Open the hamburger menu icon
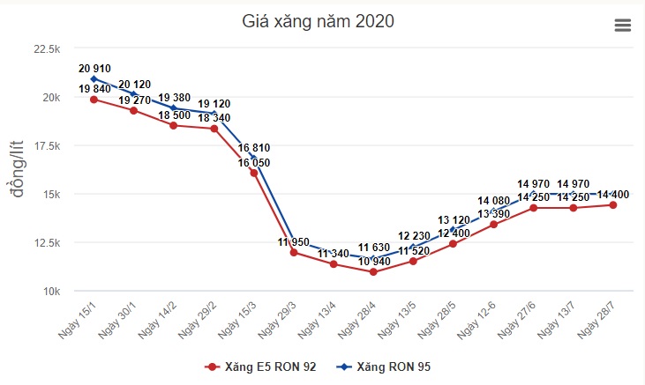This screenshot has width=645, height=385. (623, 26)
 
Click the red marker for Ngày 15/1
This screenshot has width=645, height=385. (94, 100)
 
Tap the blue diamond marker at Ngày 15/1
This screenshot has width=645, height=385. (94, 79)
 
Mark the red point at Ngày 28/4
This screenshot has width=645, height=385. (373, 272)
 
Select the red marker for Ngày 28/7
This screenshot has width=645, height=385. (612, 205)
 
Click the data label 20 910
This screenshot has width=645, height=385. (95, 68)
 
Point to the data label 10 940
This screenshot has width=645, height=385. (374, 262)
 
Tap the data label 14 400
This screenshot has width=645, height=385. (613, 195)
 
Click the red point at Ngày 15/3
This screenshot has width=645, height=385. (253, 173)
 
